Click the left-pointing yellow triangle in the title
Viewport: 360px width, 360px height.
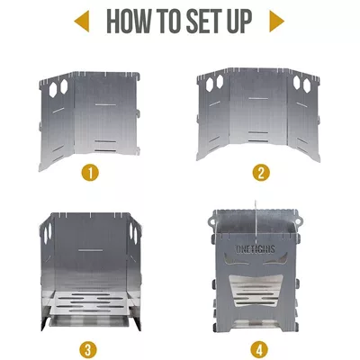pos(84,22)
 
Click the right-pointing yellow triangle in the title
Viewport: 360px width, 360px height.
pos(276,22)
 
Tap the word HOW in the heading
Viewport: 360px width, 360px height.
pos(128,22)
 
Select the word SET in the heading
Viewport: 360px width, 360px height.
pos(205,22)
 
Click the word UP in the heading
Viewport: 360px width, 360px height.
pos(240,22)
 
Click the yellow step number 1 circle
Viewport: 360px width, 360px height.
pos(90,172)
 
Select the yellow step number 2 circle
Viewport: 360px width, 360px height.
pos(261,172)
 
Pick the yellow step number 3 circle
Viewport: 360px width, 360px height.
pos(88,350)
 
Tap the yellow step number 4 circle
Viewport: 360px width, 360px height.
pos(259,350)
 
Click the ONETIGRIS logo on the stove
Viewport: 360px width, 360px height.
pos(255,248)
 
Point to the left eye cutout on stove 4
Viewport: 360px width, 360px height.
pos(236,259)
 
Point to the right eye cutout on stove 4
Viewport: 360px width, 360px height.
pos(275,259)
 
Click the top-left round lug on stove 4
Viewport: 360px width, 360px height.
pos(212,221)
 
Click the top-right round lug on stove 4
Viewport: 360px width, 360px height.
pos(299,221)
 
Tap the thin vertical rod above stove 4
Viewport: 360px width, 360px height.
pos(256,222)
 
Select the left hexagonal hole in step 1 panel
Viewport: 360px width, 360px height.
pos(53,89)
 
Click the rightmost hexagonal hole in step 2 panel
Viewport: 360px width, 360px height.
pos(306,85)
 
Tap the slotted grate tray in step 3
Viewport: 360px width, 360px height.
pos(90,303)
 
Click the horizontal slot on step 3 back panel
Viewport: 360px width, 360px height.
pos(90,249)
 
